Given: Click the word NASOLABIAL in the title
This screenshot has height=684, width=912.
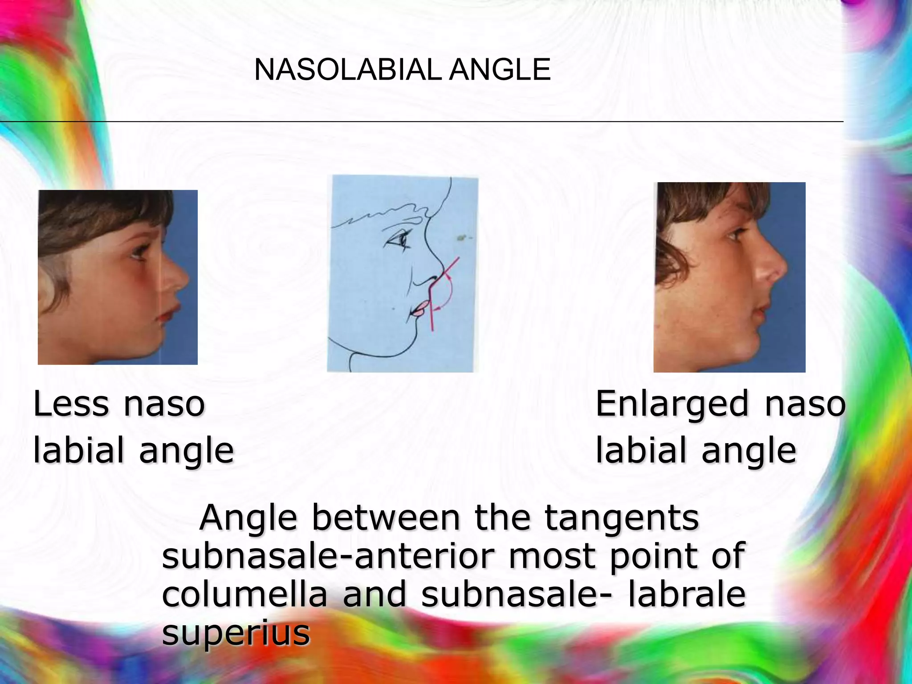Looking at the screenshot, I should point(348,70).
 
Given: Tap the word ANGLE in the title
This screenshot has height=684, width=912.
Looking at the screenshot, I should point(500,70).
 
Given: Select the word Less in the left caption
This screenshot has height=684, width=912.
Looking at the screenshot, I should point(71,404).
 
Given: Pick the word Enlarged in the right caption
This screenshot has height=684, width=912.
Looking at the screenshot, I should point(672,405).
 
